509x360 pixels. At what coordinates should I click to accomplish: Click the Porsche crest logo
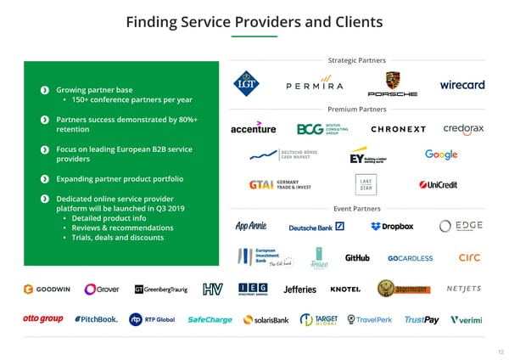pos(391,81)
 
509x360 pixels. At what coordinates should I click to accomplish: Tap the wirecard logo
pos(461,85)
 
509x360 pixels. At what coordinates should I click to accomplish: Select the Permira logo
pos(314,86)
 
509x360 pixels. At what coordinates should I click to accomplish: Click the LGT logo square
pos(248,83)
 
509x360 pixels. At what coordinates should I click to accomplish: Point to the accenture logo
pos(253,129)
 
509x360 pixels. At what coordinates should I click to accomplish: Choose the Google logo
pos(441,155)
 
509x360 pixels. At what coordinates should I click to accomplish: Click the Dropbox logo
pos(392,226)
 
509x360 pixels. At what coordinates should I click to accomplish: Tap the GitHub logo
pos(357,258)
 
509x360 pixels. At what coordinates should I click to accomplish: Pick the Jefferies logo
pos(299,289)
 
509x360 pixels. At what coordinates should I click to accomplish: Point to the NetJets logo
pos(463,289)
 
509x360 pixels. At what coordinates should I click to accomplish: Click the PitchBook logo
pos(96,320)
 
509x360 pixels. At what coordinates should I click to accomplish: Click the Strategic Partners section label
pos(356,60)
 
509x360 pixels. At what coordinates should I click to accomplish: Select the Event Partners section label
pos(356,208)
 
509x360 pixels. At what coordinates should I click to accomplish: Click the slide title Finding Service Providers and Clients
pos(255,21)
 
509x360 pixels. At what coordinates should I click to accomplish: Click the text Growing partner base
pos(93,90)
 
